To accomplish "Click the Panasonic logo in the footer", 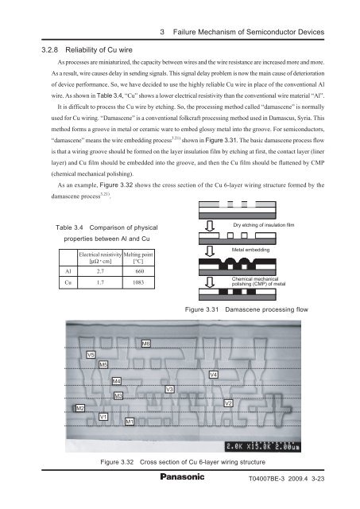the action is click(182, 476).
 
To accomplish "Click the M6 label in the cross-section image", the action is click(146, 344).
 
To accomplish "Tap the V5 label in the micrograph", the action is click(91, 355).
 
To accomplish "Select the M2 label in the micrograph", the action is click(80, 408).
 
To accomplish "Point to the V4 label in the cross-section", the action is click(213, 375).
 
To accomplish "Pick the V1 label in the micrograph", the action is click(103, 417).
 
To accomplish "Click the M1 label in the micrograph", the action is click(130, 422).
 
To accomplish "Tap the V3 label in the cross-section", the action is click(169, 389).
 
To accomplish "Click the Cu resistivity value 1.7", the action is click(100, 282).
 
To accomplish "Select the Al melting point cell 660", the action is click(139, 271).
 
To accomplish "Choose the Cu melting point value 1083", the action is click(138, 282).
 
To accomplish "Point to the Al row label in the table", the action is click(68, 271).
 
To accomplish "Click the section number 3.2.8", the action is click(49, 50).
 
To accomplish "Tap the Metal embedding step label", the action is click(250, 250).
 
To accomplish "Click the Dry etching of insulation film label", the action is click(263, 224).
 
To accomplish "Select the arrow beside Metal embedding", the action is click(210, 251).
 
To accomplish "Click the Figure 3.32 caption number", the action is click(117, 462).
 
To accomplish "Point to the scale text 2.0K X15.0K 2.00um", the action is click(263, 447).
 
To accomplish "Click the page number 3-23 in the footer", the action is click(318, 479).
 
